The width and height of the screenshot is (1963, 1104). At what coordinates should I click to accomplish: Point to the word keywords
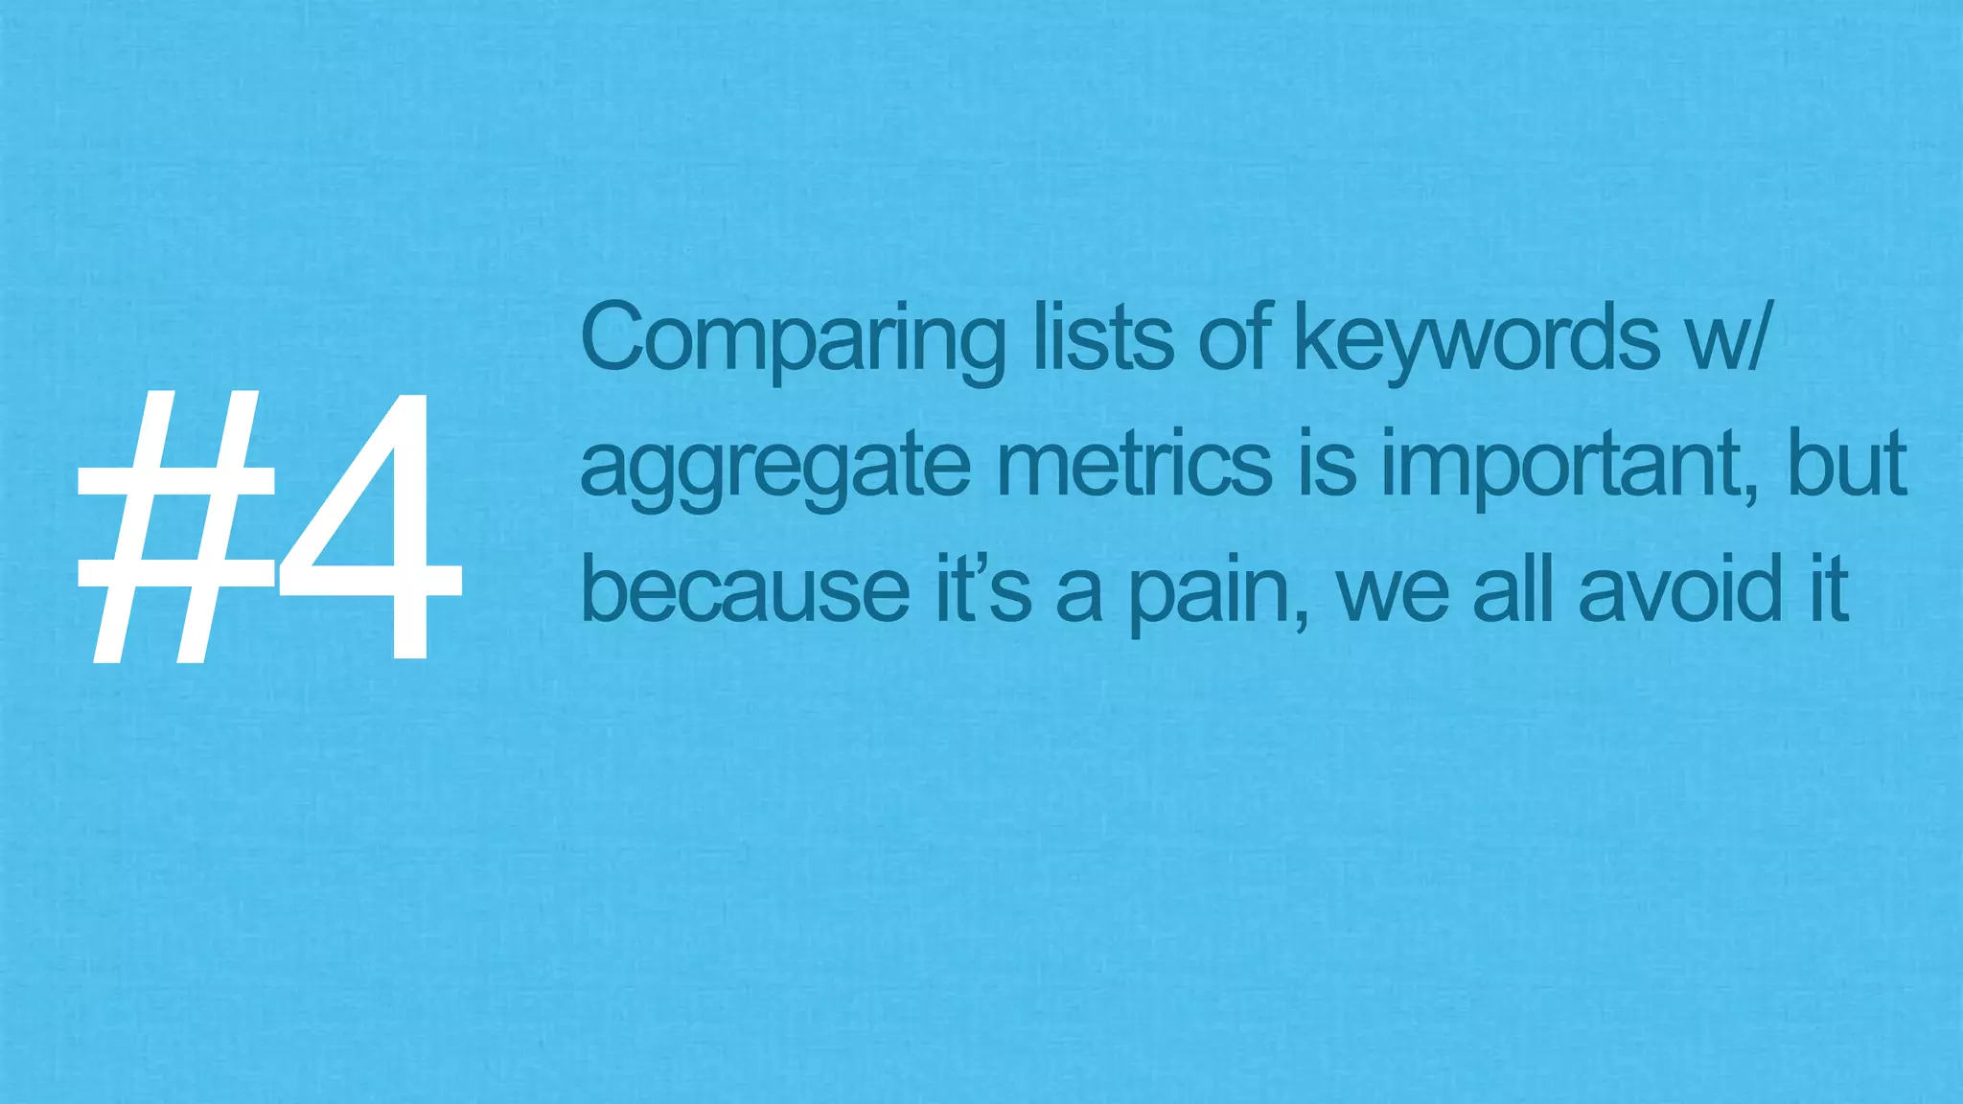[1477, 341]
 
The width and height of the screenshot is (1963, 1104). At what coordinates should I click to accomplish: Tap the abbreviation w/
[1725, 337]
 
